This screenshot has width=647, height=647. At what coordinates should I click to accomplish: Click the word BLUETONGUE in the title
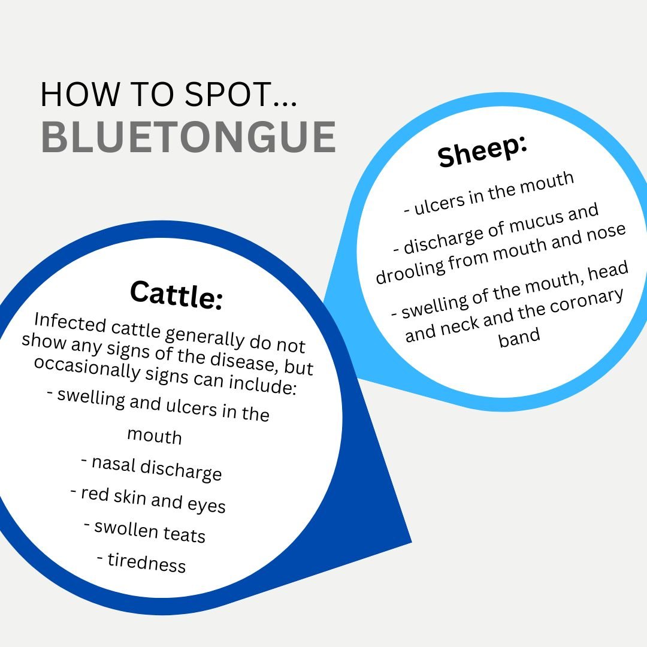pos(188,137)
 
